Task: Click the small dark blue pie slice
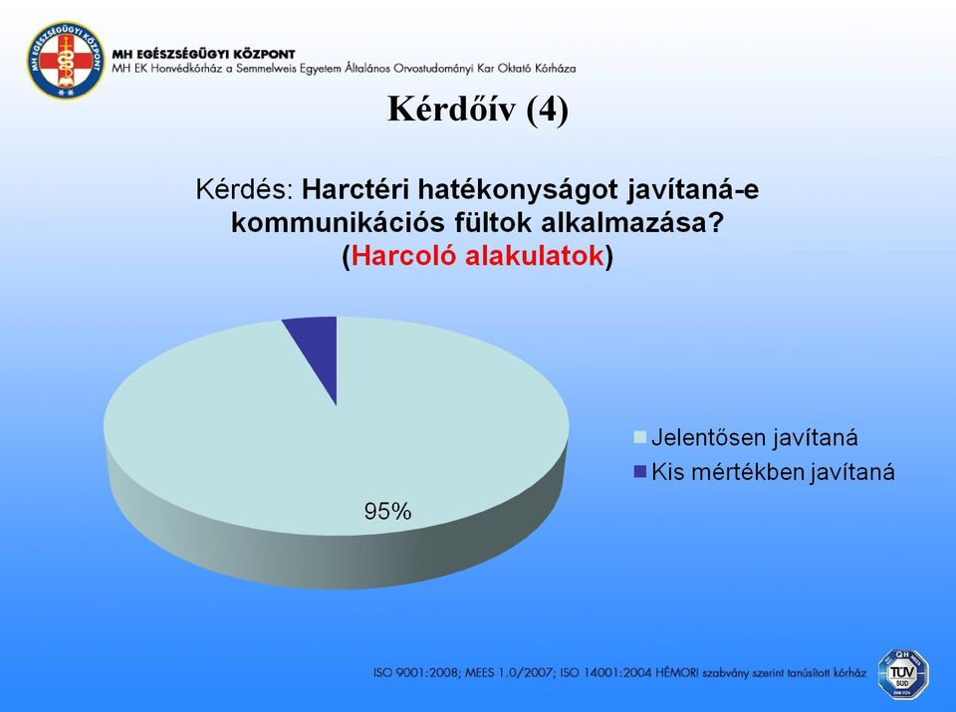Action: [316, 348]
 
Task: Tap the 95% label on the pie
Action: [387, 511]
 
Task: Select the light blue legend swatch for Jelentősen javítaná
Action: [639, 437]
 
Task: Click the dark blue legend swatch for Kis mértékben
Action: [639, 471]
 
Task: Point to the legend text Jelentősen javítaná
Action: [755, 438]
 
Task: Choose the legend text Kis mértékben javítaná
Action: [773, 472]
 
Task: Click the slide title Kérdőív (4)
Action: [478, 110]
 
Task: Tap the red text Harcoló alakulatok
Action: [477, 255]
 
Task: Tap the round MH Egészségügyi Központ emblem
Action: [65, 61]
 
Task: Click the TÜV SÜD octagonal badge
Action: [903, 673]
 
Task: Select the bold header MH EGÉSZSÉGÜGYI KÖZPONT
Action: [203, 54]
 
